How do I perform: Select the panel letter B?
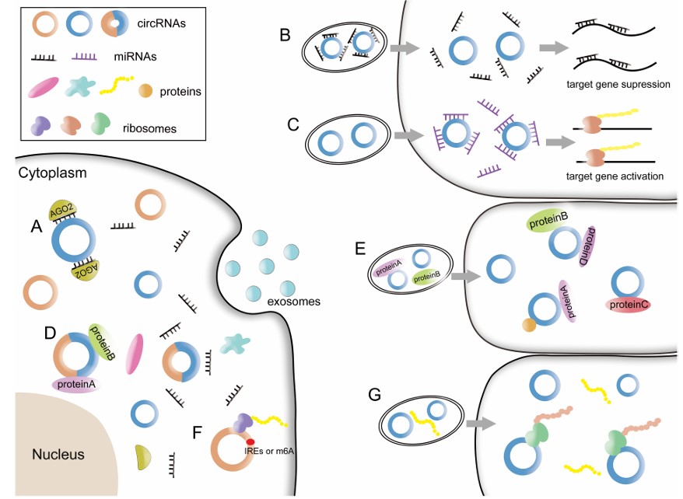point(285,35)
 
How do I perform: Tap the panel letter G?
point(374,396)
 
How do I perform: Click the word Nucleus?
point(58,453)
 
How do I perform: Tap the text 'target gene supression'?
point(619,84)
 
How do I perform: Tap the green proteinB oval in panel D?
point(102,342)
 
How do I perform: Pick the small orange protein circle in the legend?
point(145,91)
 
